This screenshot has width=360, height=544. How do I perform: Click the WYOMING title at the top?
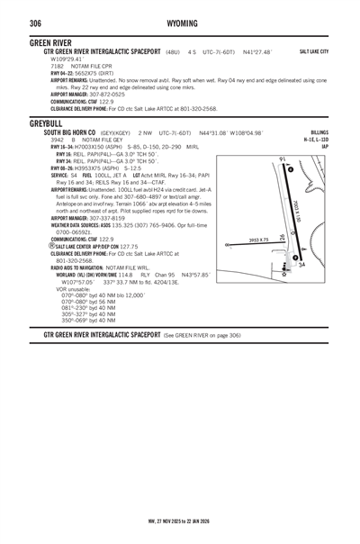180,22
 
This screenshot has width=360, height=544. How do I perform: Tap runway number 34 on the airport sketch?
301,265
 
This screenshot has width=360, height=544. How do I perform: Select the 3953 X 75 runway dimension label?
258,240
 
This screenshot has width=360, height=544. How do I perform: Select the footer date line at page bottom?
180,520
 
